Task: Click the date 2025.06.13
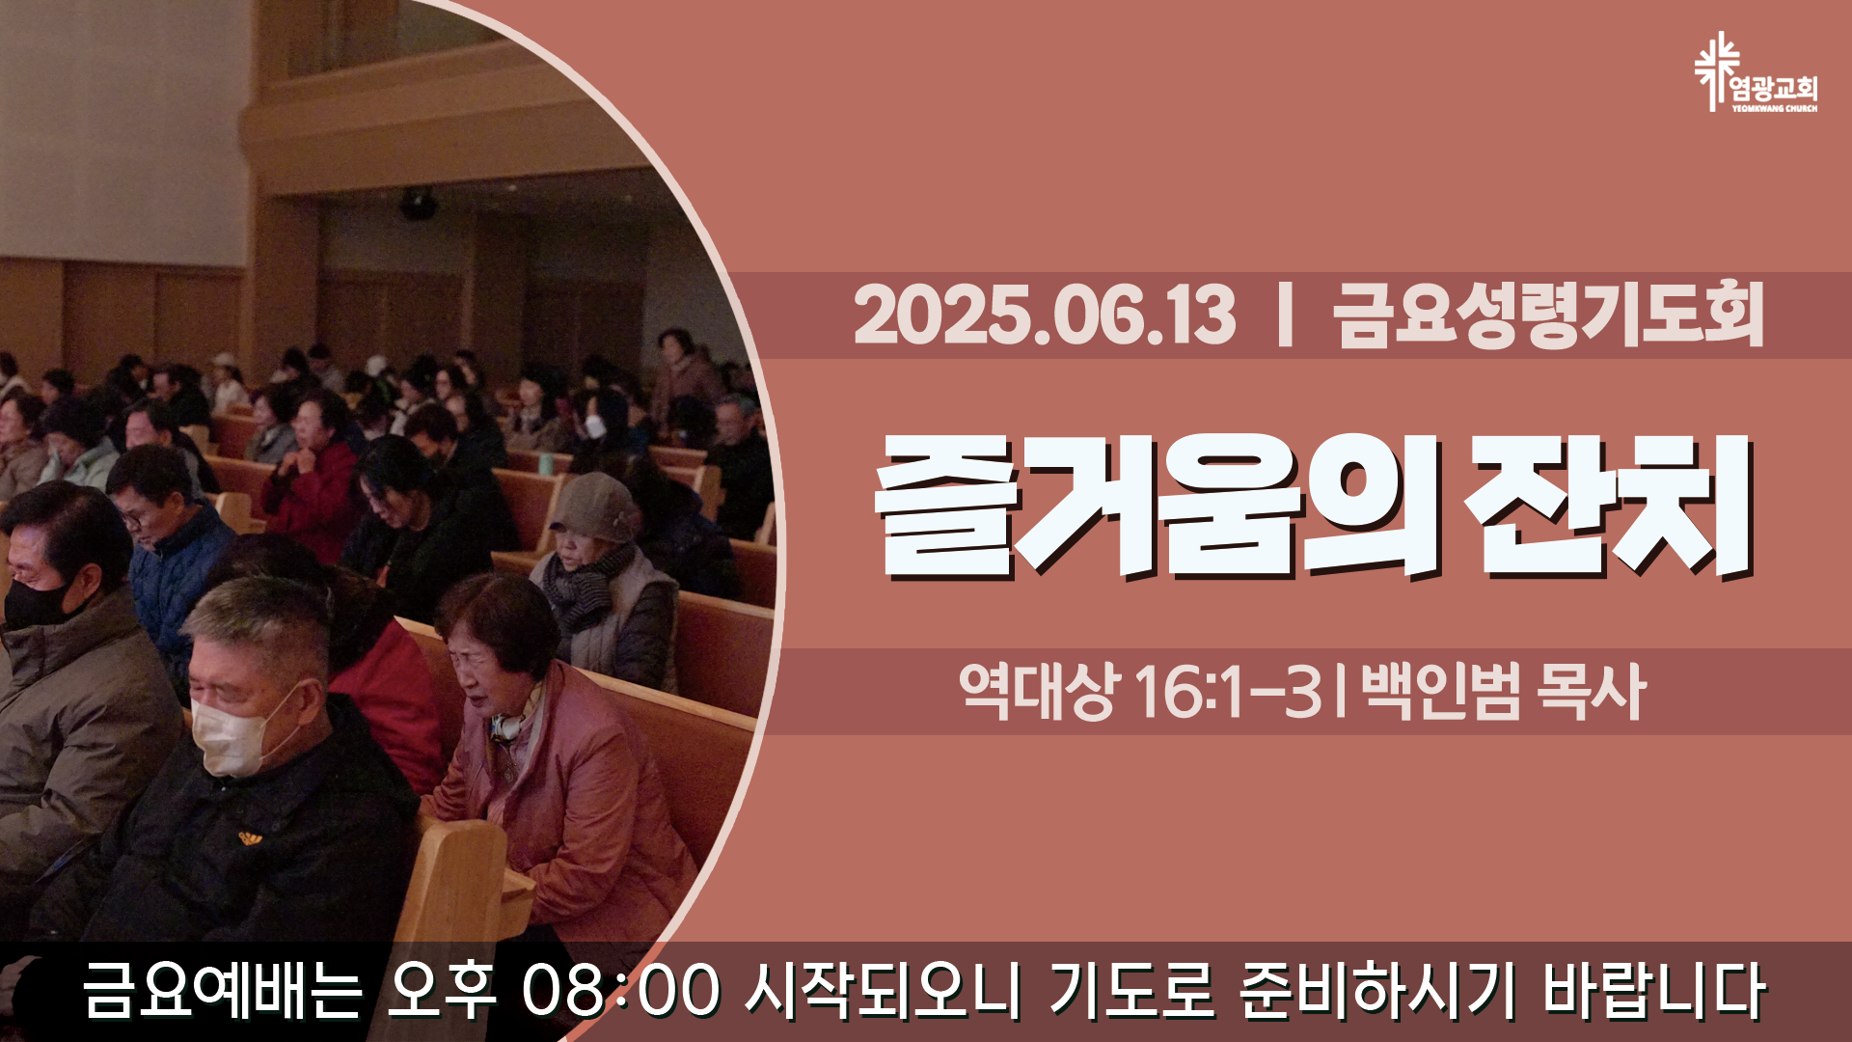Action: [x=1044, y=315]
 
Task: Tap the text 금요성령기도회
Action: [x=1549, y=315]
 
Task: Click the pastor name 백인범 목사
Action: [x=1503, y=691]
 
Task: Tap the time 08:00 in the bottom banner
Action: [x=620, y=990]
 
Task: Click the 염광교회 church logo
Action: [x=1756, y=72]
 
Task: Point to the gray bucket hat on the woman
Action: [x=595, y=508]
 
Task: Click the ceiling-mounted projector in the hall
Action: [x=418, y=204]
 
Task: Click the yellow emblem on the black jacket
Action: [x=251, y=837]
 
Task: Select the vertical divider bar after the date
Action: [x=1284, y=315]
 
